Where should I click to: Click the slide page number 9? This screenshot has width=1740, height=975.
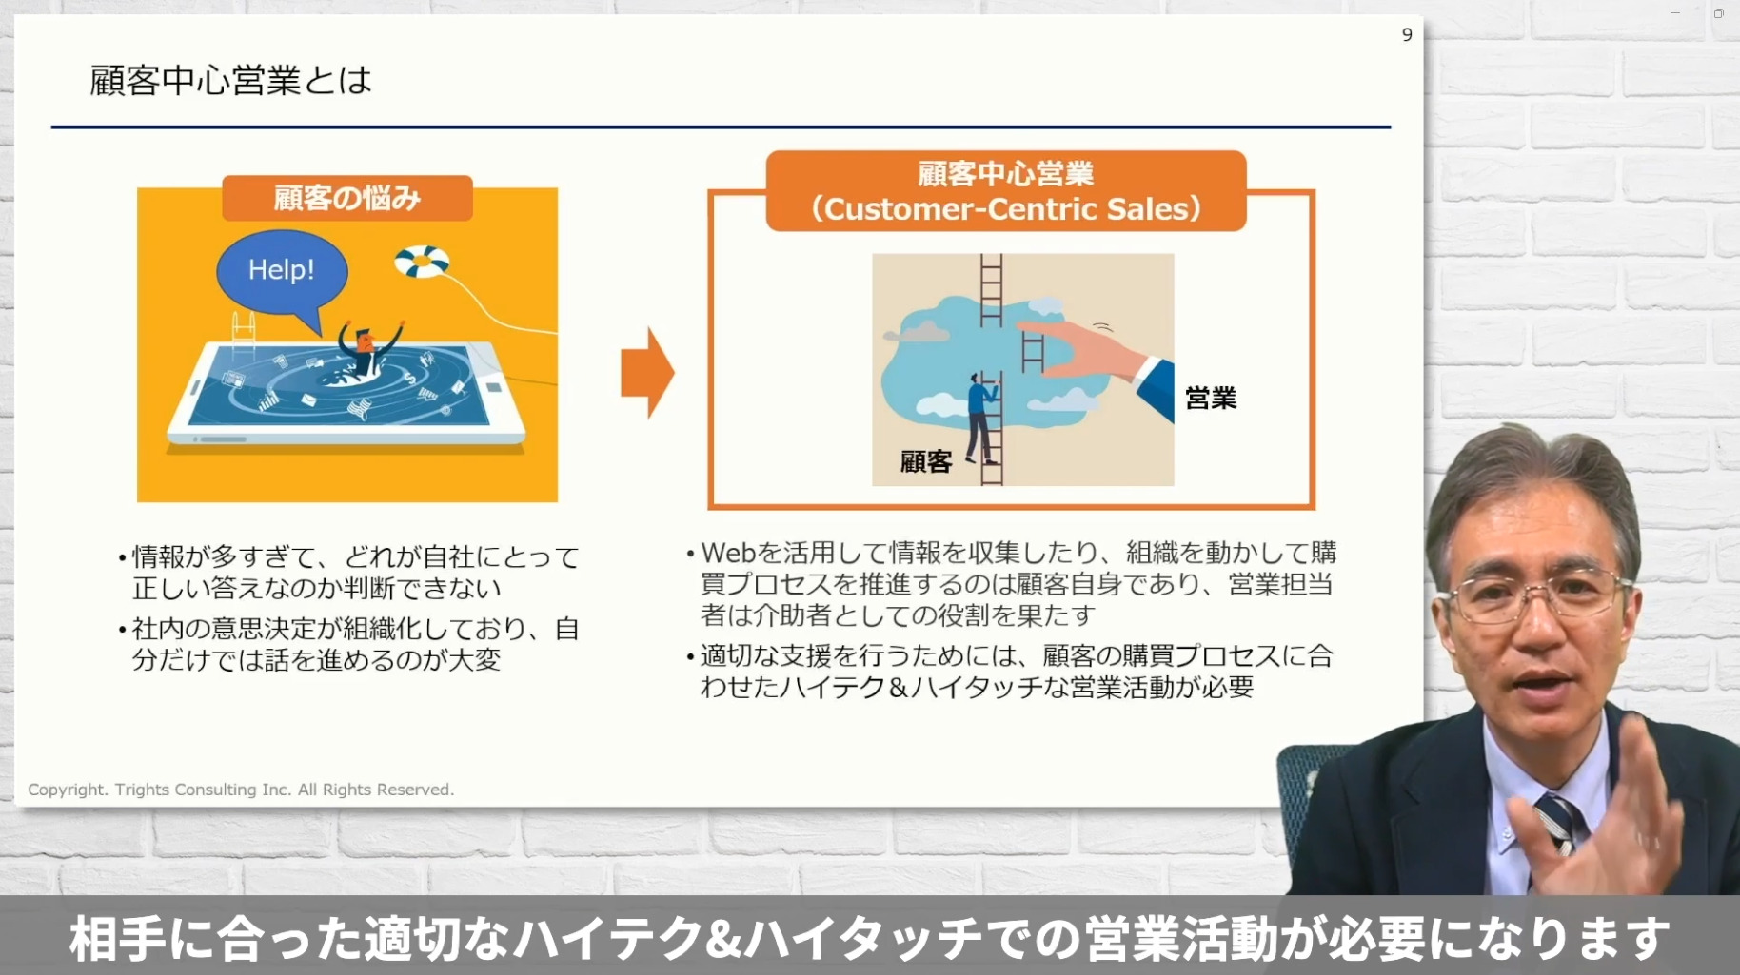point(1407,35)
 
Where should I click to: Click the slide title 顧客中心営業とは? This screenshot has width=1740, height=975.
point(230,80)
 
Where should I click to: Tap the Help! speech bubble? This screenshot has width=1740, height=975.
point(283,273)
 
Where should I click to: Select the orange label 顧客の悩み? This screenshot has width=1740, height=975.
point(347,198)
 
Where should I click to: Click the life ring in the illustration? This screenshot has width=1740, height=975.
point(422,261)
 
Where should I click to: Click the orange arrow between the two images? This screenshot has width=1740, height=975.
point(647,372)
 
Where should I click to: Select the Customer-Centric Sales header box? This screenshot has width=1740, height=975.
point(1006,191)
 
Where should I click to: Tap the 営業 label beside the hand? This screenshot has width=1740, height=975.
point(1211,398)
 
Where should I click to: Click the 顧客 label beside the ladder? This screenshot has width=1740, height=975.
point(926,462)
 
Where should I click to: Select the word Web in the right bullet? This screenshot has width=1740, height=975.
point(728,553)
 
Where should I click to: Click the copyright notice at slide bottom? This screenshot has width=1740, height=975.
point(241,790)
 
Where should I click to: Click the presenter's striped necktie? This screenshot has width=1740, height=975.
point(1558,824)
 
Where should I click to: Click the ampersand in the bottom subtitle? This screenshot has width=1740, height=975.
point(724,939)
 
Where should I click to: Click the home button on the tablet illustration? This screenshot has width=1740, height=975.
point(494,387)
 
